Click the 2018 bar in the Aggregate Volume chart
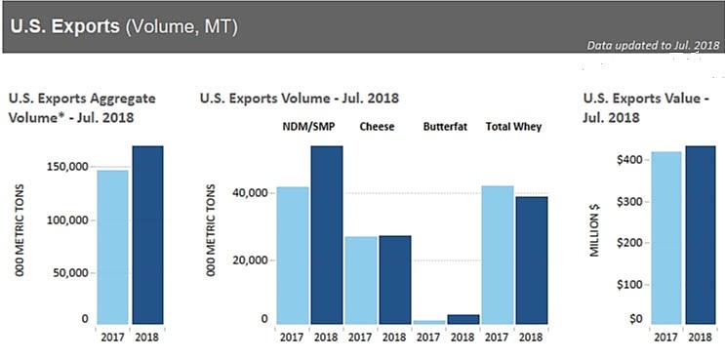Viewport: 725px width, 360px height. (x=147, y=234)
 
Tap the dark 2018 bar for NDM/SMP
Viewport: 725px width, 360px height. (x=327, y=234)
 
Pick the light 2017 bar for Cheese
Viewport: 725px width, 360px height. (x=362, y=279)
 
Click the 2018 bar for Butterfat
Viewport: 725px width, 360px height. (x=463, y=318)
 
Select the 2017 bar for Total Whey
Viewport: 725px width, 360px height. (x=498, y=254)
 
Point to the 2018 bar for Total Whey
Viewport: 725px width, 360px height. (x=532, y=260)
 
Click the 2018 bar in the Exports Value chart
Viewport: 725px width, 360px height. (x=700, y=234)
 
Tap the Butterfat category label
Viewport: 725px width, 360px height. (x=446, y=127)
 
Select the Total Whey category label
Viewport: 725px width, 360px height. (x=514, y=127)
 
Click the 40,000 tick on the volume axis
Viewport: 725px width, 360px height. (x=249, y=193)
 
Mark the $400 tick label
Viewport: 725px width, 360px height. (x=627, y=159)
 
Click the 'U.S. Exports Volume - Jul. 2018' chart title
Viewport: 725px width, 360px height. (x=299, y=99)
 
